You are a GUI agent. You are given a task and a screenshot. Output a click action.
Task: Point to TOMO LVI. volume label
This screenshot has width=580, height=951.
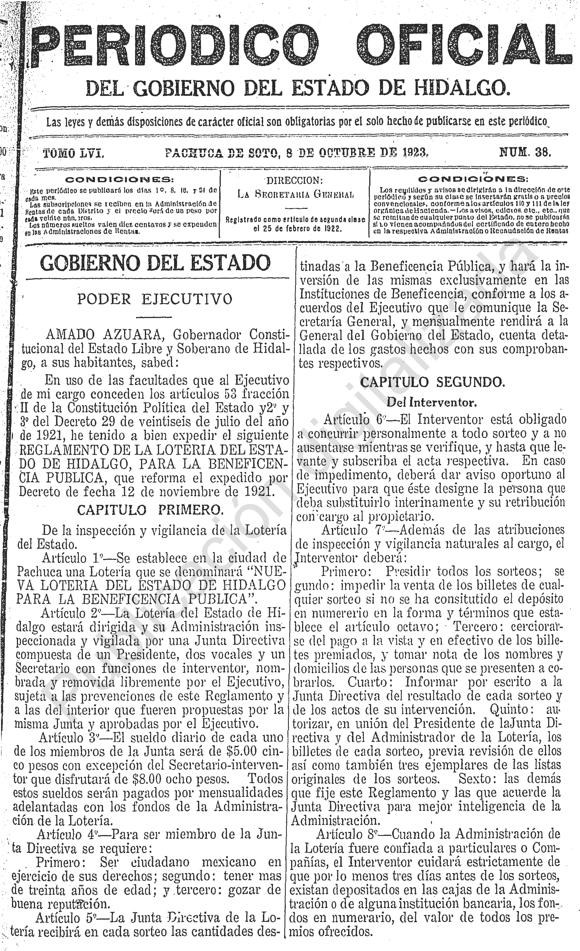pyautogui.click(x=73, y=153)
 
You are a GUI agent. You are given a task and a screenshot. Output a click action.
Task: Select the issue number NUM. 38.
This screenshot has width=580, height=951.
pyautogui.click(x=525, y=152)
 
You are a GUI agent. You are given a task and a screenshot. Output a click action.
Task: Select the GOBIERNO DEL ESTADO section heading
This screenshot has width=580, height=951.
pyautogui.click(x=155, y=263)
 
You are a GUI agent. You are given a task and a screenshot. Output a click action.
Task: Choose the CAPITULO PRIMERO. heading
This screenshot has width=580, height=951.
pyautogui.click(x=151, y=510)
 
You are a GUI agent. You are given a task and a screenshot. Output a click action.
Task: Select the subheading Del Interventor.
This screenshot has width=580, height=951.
pyautogui.click(x=432, y=403)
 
